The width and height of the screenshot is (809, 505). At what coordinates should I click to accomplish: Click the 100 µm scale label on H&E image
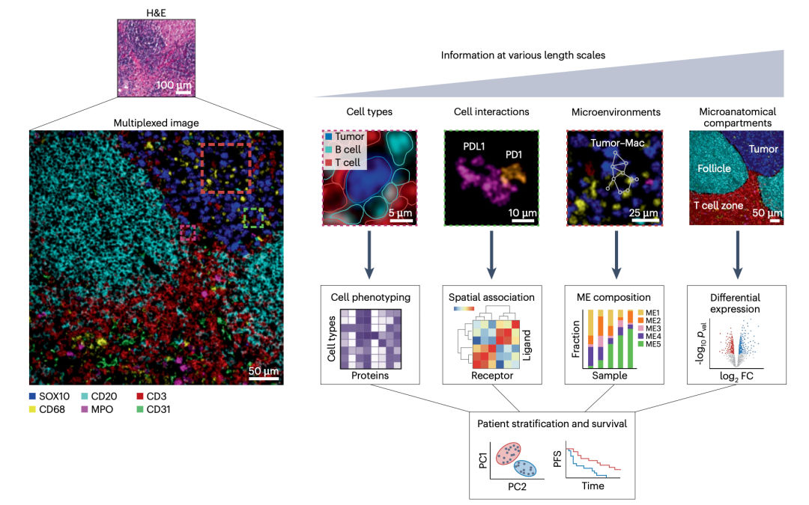(x=174, y=85)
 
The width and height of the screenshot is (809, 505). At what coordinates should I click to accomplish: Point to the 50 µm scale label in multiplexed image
(x=263, y=371)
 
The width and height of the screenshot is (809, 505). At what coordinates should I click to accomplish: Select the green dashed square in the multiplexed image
(x=255, y=217)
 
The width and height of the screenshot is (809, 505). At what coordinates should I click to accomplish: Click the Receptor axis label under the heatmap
(x=491, y=376)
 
